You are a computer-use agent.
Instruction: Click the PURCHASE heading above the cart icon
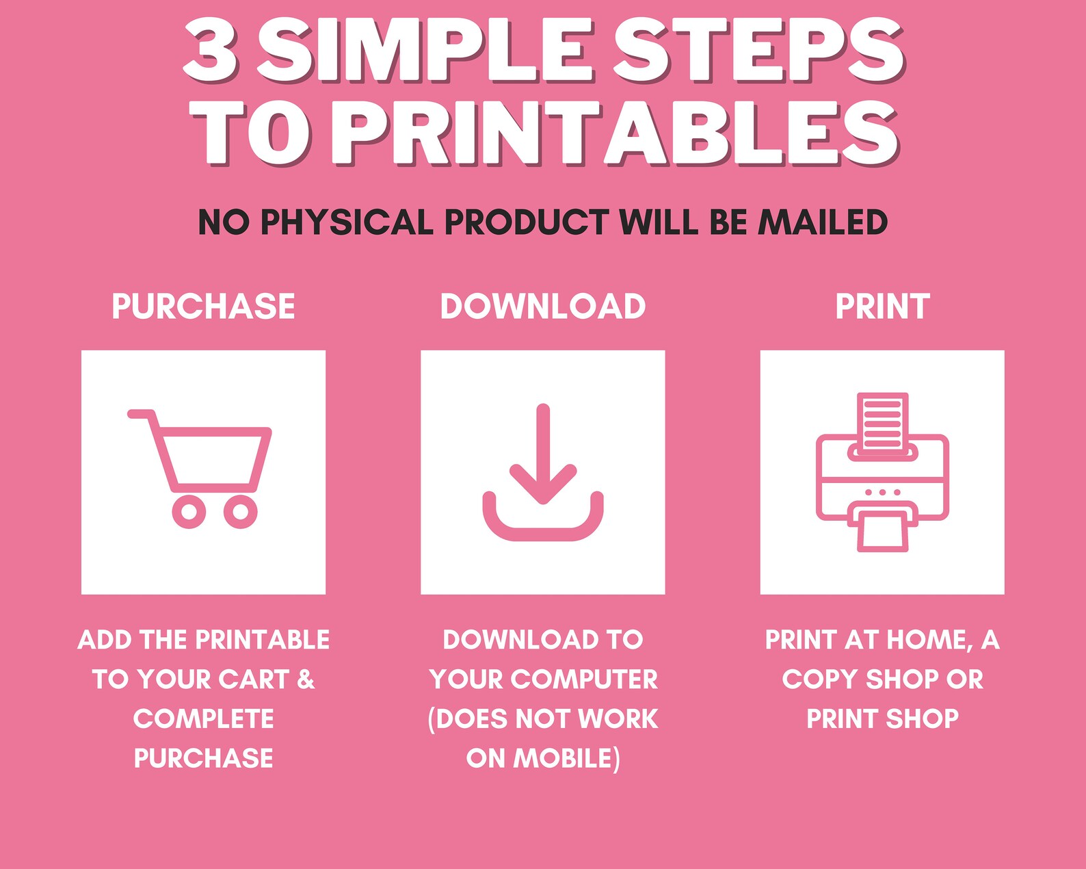(x=203, y=306)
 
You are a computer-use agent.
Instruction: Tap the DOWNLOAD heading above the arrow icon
(x=542, y=306)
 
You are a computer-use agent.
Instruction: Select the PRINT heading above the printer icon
(x=882, y=306)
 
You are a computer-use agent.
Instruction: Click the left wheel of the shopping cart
(x=189, y=511)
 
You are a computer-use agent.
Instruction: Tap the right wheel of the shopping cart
(x=241, y=511)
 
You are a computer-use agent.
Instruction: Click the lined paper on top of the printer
(x=882, y=421)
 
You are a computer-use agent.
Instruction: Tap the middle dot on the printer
(x=882, y=493)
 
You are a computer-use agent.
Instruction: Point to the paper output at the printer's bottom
(x=883, y=532)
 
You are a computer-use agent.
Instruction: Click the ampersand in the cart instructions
(x=306, y=679)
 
